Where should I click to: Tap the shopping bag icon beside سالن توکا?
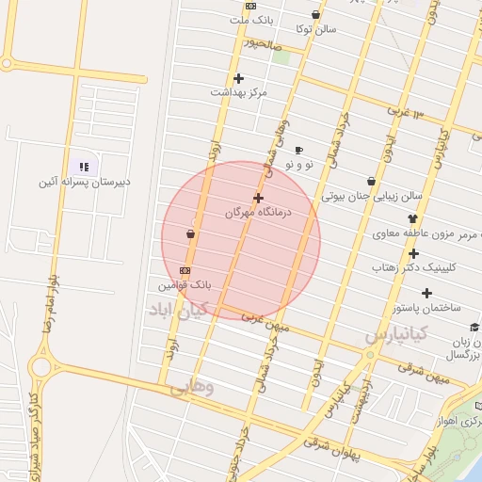click(x=314, y=15)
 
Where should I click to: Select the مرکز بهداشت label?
click(x=239, y=93)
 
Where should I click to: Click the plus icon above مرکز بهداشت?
click(x=238, y=78)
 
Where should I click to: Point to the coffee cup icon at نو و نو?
click(x=298, y=150)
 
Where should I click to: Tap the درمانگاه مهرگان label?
click(x=259, y=213)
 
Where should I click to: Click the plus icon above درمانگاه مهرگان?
click(x=258, y=198)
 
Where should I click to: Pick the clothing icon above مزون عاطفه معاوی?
click(x=412, y=218)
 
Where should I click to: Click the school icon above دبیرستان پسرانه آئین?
click(x=83, y=166)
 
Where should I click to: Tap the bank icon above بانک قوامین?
click(x=185, y=269)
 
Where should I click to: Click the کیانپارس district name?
click(x=396, y=333)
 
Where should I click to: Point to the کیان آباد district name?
click(x=175, y=309)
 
